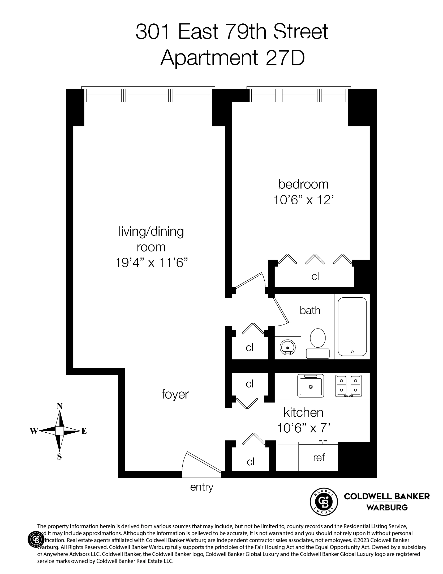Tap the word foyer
175,394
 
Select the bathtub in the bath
352,327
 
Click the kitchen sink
310,386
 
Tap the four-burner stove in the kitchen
348,386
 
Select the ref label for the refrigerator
319,457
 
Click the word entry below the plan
202,487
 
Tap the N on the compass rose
60,406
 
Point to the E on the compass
84,431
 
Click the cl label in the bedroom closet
315,277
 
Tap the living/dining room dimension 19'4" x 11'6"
151,263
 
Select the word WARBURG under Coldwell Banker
387,508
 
